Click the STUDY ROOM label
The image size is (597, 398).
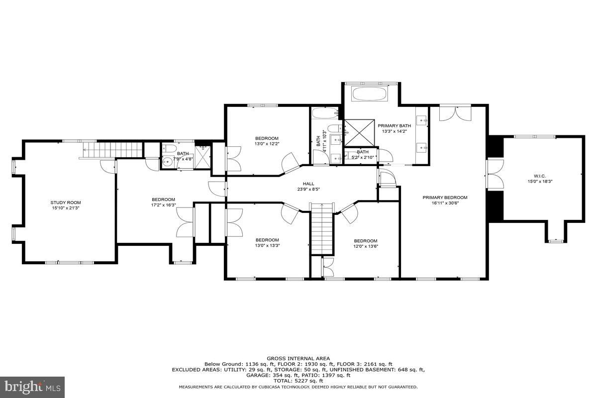[66, 202]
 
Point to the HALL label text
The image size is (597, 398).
[308, 184]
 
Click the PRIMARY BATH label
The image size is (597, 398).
[394, 126]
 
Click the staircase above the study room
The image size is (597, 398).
[100, 148]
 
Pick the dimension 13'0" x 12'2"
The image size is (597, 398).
[267, 144]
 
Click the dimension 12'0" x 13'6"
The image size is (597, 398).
[366, 246]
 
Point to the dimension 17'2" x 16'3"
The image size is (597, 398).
[163, 205]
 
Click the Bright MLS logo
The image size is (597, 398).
[33, 386]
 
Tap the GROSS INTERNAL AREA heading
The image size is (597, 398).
[298, 358]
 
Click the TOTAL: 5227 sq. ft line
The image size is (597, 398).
[298, 381]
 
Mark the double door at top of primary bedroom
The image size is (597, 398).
[455, 113]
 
